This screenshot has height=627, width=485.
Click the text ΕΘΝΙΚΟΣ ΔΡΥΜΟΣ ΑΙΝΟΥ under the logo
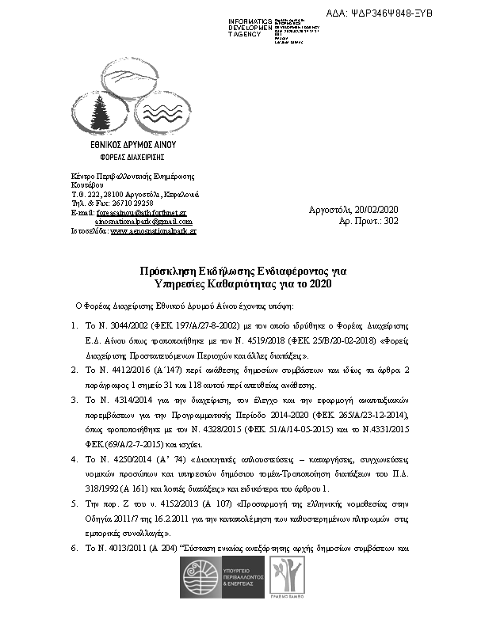pyautogui.click(x=132, y=146)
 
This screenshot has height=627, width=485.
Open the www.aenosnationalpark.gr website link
pyautogui.click(x=154, y=231)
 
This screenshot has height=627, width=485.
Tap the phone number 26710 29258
pyautogui.click(x=131, y=203)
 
